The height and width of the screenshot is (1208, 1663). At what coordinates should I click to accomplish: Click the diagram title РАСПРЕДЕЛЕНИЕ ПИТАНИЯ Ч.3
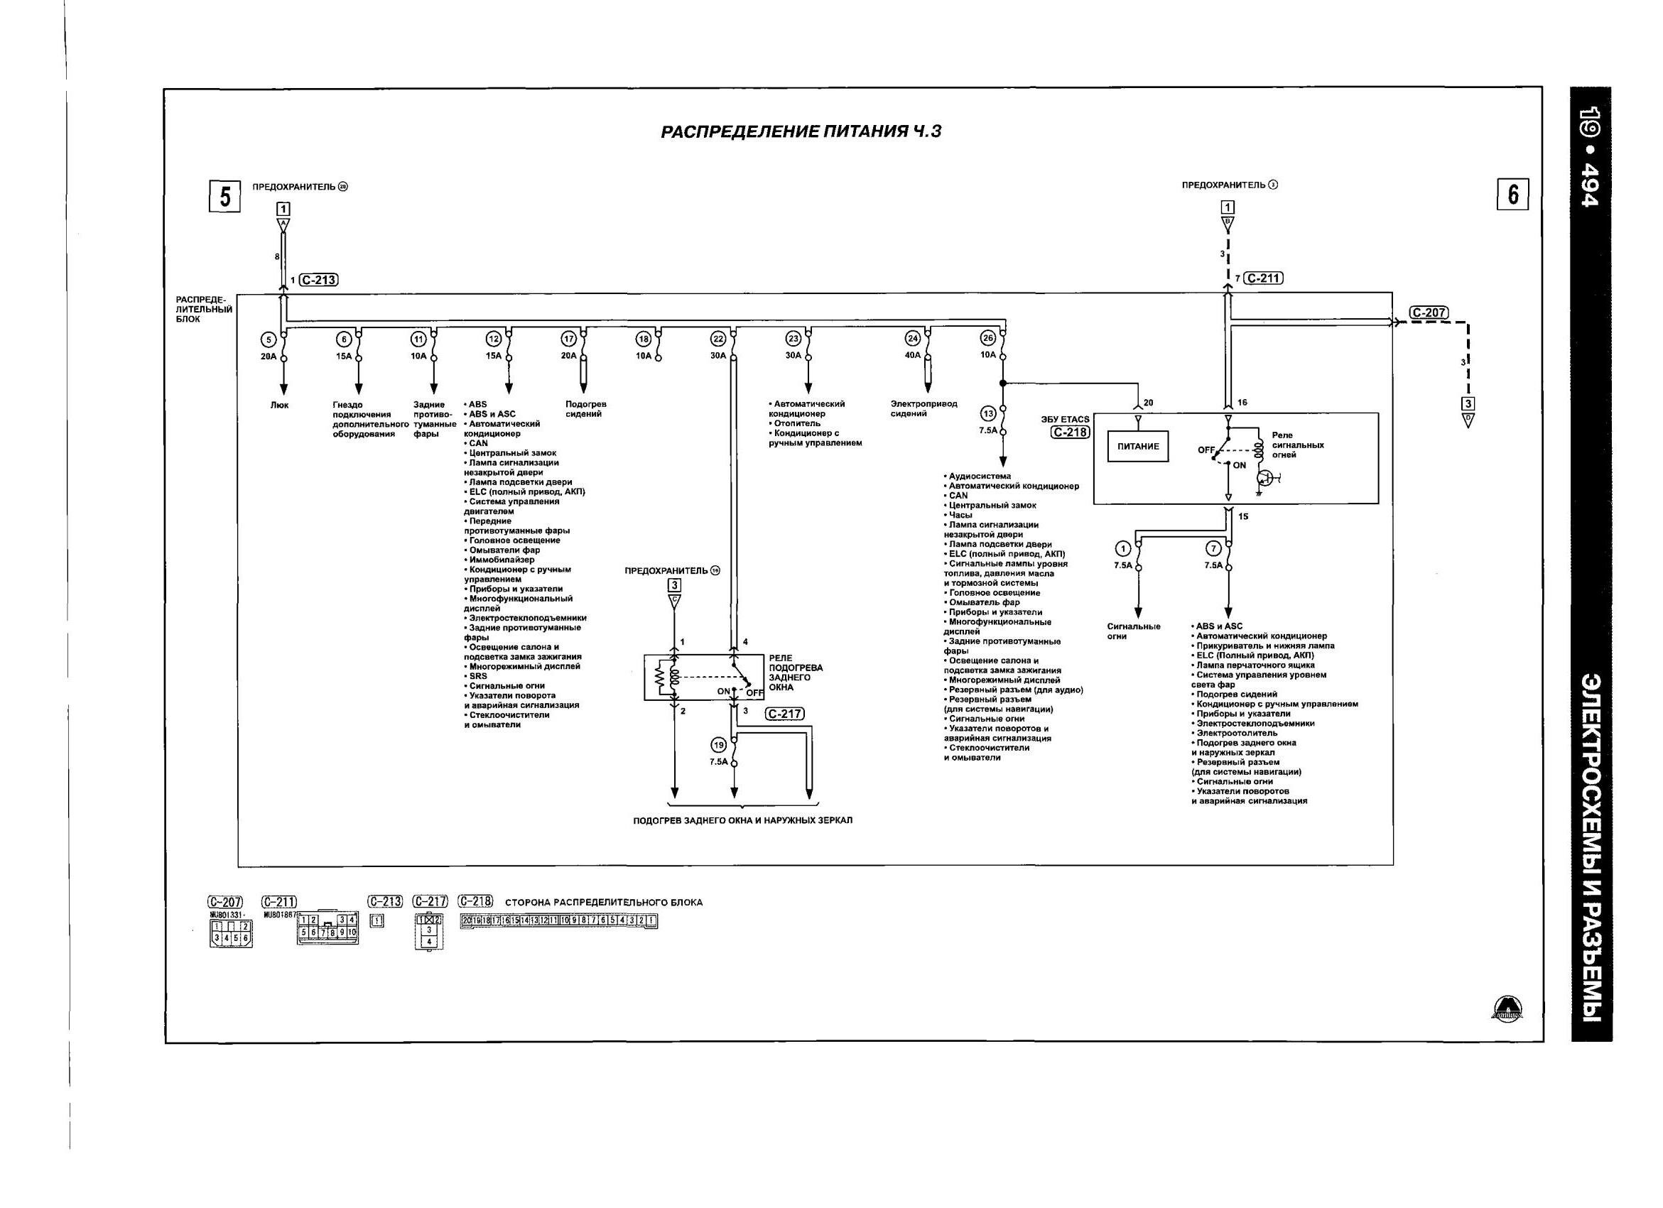click(x=801, y=132)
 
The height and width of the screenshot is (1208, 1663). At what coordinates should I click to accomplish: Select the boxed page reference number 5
click(x=225, y=197)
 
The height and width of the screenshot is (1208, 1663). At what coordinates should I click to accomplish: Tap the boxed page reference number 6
click(x=1512, y=195)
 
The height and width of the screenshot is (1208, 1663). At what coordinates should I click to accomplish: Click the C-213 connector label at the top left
click(x=319, y=280)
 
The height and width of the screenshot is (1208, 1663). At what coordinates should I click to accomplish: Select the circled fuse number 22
click(x=718, y=339)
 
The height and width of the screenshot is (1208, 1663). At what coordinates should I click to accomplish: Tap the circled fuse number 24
click(x=912, y=339)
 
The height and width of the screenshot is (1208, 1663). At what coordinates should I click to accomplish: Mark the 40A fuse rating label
click(x=912, y=356)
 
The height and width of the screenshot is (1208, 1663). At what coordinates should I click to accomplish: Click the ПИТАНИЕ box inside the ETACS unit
click(x=1138, y=447)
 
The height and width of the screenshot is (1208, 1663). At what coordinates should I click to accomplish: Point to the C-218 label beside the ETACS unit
click(x=1070, y=432)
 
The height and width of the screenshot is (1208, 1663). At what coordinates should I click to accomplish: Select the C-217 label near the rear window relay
click(x=784, y=714)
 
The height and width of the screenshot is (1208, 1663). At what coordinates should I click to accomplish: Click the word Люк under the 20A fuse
click(x=279, y=406)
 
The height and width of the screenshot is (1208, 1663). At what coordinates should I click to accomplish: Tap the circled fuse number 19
click(x=719, y=745)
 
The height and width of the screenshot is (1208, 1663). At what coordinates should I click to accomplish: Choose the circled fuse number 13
click(x=987, y=413)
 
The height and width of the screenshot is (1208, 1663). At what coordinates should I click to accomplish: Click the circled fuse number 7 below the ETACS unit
click(x=1213, y=548)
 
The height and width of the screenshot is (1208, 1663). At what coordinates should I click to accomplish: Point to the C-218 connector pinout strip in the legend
click(x=559, y=923)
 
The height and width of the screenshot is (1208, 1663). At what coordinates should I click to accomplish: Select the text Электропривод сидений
click(x=923, y=409)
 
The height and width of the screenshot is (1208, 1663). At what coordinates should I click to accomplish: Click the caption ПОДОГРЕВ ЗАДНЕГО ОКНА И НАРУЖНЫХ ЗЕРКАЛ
click(x=743, y=820)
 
